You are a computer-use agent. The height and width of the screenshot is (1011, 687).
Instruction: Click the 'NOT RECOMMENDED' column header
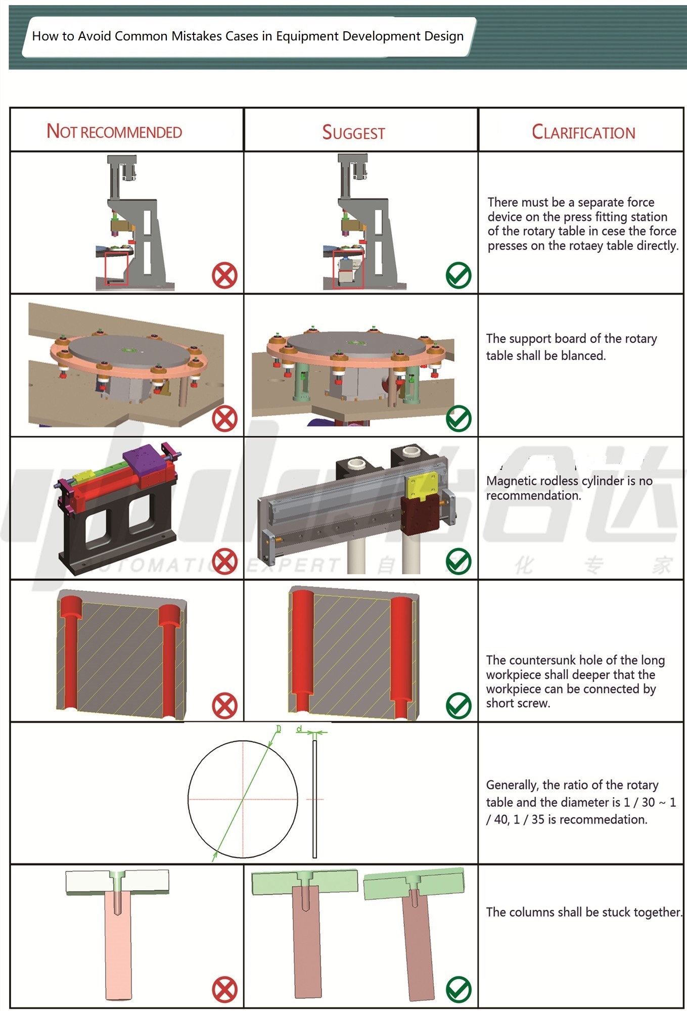pos(114,132)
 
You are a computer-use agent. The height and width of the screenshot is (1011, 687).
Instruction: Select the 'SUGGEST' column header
pos(353,133)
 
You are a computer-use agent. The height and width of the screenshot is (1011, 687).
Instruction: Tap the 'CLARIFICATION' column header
pos(583,132)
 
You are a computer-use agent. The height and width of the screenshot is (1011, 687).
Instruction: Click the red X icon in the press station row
pos(224,275)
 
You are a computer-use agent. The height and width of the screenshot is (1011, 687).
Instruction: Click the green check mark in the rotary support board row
pos(459,418)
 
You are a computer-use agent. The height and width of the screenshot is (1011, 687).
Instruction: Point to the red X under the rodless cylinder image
pos(224,561)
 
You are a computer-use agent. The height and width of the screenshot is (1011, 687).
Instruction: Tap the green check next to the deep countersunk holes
pos(459,705)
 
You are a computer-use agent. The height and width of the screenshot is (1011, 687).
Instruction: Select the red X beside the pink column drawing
pos(224,990)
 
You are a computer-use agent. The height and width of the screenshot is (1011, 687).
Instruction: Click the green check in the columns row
pos(459,990)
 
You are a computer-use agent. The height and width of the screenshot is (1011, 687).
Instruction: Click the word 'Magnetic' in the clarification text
pos(508,481)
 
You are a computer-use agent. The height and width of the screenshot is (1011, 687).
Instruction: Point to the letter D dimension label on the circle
pos(278,729)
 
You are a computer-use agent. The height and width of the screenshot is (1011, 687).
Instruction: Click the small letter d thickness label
pos(299,729)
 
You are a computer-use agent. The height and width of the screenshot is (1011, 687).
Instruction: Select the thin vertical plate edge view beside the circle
pos(314,799)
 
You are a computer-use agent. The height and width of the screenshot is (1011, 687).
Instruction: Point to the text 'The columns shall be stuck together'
pos(583,912)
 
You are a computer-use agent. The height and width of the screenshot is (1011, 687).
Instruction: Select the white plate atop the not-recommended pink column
pos(117,882)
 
